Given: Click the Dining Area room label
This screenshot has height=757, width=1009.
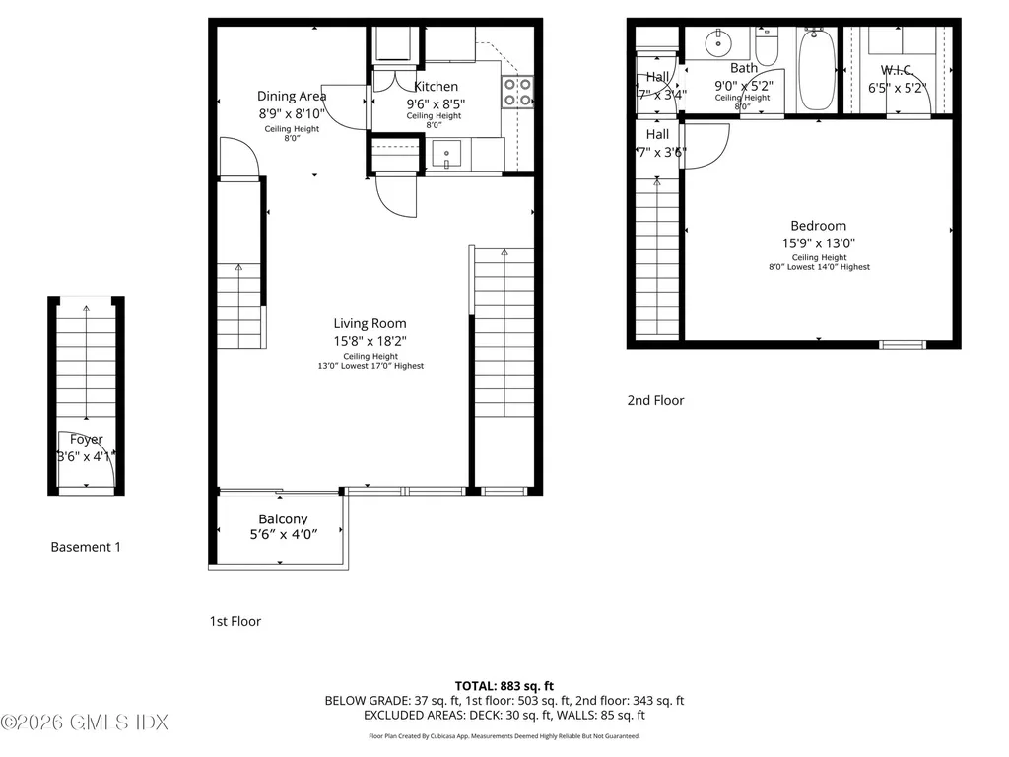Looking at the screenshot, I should (292, 96).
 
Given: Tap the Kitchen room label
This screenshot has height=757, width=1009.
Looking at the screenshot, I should (436, 87).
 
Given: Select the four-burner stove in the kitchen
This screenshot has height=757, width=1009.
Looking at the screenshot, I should (518, 92).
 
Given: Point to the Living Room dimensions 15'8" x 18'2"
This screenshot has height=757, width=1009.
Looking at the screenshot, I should (370, 341).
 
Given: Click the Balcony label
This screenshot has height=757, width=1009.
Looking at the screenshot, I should (283, 519).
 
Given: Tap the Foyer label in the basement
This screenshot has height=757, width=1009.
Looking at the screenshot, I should (86, 440).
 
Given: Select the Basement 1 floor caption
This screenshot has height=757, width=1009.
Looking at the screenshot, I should (86, 547).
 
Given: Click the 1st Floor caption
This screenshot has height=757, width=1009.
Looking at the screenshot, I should (235, 621).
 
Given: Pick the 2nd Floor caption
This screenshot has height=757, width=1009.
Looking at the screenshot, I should (655, 400).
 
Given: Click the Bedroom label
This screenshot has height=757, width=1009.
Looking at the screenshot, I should (818, 226).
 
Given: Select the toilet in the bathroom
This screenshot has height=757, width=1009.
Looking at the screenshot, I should (767, 47).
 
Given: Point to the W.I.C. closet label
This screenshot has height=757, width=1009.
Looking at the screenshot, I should (900, 69).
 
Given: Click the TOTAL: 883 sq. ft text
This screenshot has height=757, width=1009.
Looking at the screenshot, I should (504, 685).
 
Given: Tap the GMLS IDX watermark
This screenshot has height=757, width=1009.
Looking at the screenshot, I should (85, 723).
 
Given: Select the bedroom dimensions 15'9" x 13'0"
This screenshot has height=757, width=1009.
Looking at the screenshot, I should (818, 242).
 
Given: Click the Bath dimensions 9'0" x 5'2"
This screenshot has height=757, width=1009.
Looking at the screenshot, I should (743, 86).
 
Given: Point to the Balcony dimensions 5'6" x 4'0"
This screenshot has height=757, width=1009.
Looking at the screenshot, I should (283, 535).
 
